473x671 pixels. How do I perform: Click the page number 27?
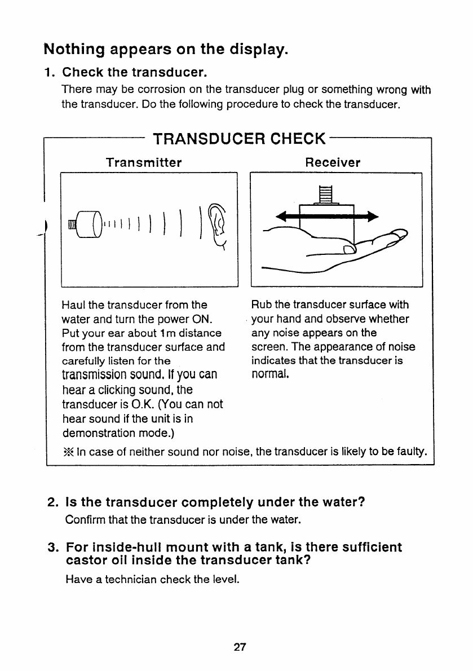tap(240, 647)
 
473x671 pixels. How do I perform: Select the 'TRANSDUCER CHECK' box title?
tap(239, 139)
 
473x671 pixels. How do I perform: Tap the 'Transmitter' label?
tap(144, 163)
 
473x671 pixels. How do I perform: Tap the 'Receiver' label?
tap(333, 163)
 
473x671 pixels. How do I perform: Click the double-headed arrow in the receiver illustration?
tap(327, 217)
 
